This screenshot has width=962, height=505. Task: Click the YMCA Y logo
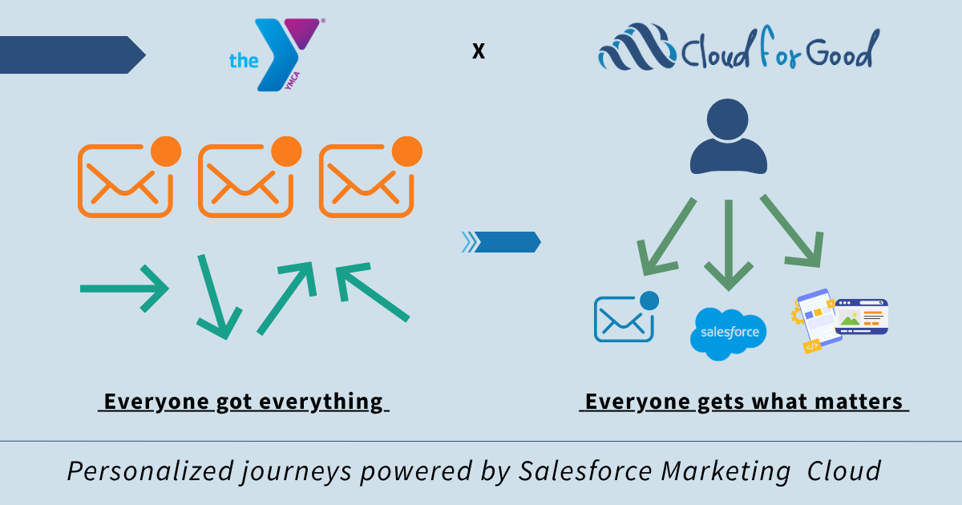[x=285, y=52]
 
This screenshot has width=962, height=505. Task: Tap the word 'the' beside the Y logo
[x=242, y=60]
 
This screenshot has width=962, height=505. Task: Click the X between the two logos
[x=479, y=52]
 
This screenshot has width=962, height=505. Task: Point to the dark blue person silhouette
[x=728, y=138]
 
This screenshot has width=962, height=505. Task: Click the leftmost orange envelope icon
[x=125, y=180]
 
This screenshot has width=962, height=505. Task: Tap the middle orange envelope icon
[x=245, y=180]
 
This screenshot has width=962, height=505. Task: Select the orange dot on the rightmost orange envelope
[x=407, y=151]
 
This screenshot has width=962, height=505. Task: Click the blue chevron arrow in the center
[x=502, y=241]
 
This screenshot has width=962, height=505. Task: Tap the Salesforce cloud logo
[x=728, y=333]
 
